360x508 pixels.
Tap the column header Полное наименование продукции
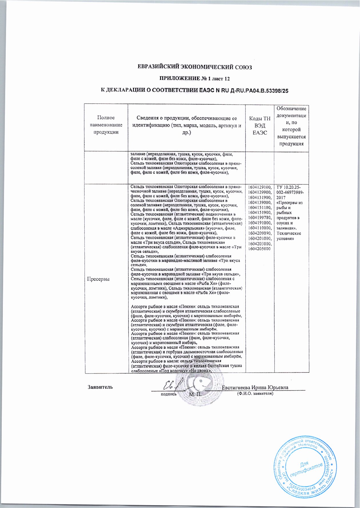point(106,125)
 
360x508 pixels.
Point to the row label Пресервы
point(99,279)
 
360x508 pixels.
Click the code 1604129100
point(260,187)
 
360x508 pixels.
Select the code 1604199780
point(260,218)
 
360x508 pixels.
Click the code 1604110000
point(260,228)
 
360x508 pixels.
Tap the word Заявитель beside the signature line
point(100,387)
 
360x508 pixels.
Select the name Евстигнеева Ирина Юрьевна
point(255,387)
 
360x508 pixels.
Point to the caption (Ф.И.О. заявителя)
point(255,394)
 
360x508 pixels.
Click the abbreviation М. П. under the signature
point(196,394)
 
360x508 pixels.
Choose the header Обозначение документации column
point(291,126)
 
